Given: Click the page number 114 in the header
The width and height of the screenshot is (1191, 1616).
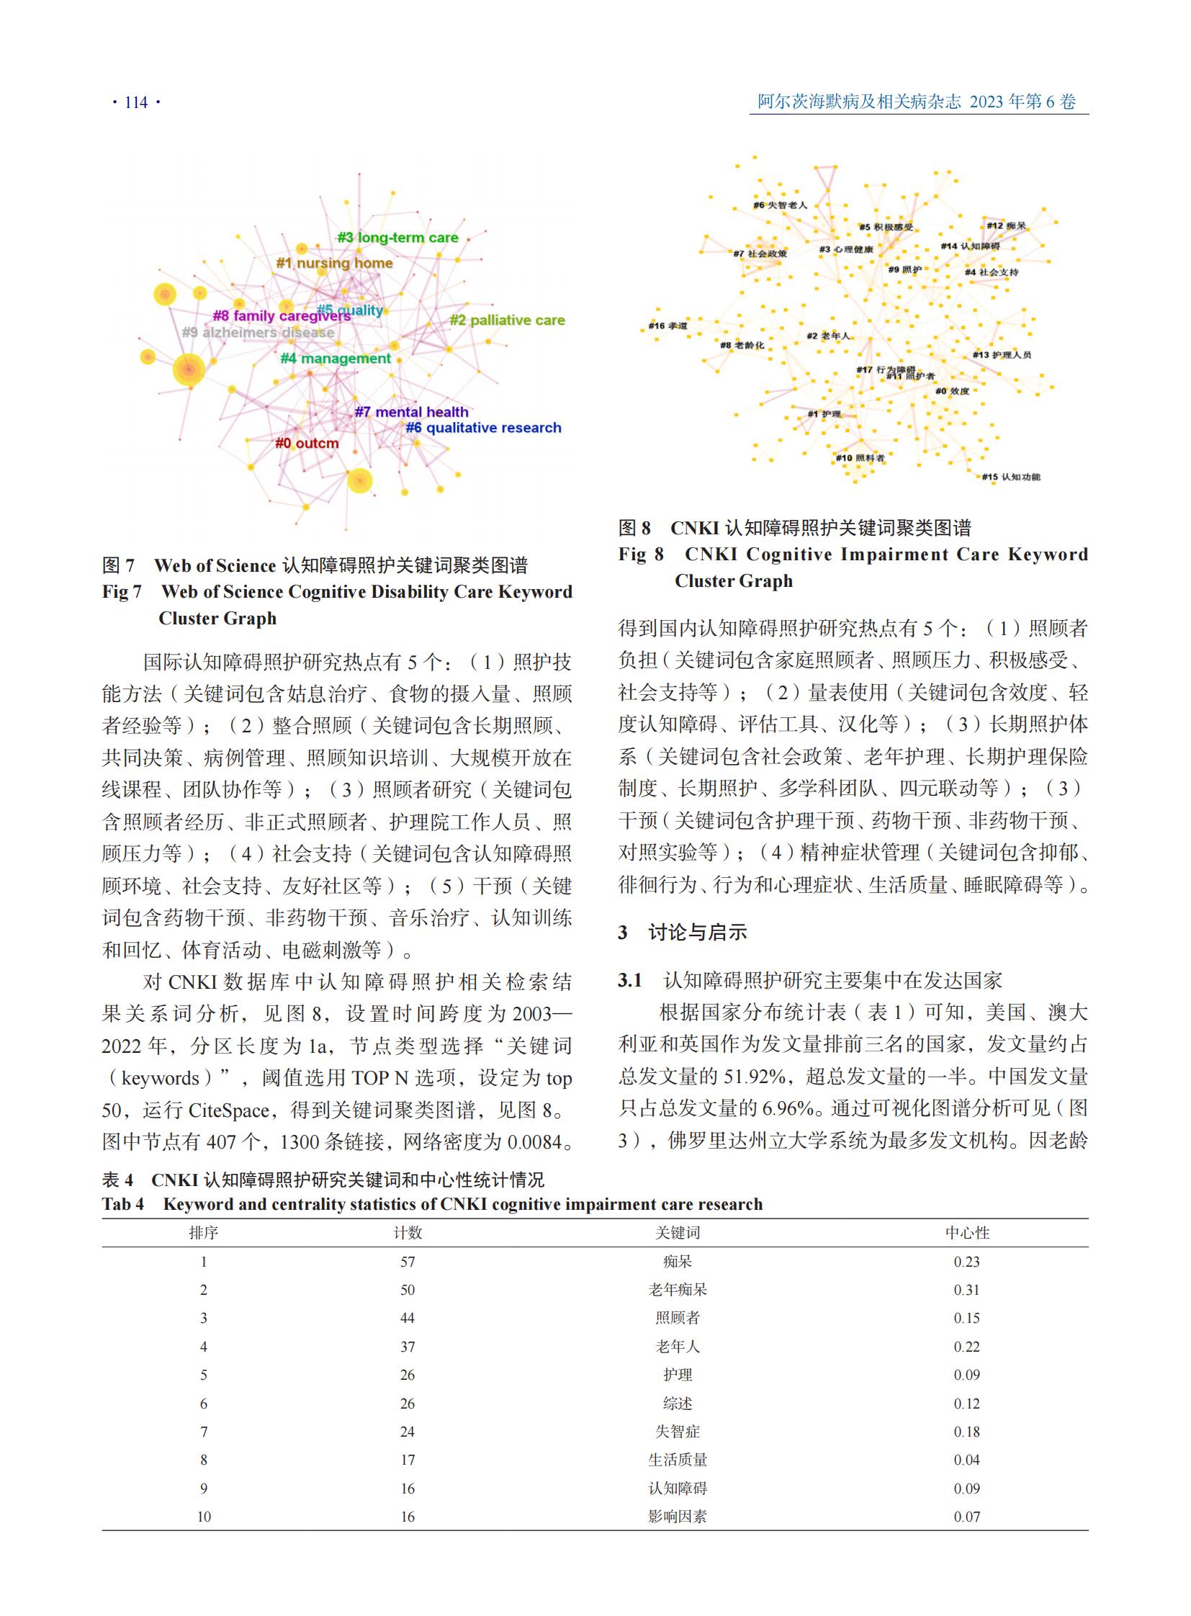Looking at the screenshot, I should (135, 102).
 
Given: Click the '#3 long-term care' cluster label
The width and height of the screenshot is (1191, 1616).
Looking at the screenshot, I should (397, 237).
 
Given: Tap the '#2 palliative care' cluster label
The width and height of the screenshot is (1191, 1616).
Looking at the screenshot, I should (507, 320).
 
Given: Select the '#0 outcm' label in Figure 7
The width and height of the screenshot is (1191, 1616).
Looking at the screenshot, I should (307, 443).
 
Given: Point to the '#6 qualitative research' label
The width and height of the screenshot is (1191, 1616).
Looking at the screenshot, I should (483, 428).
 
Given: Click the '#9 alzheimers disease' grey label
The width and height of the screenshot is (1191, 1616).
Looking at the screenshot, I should (258, 333).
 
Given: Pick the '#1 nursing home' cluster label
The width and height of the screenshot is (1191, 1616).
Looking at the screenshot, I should (335, 263).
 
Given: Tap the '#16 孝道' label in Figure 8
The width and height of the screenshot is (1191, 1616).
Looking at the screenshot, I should (668, 326).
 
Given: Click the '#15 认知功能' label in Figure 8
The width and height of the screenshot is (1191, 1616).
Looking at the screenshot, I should (1011, 477).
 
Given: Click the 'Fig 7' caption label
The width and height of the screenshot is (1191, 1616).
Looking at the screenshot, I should (122, 592).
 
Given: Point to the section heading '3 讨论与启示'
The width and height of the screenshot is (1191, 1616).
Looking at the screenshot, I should (682, 933).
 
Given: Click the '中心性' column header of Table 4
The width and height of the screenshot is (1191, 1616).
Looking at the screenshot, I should (967, 1232).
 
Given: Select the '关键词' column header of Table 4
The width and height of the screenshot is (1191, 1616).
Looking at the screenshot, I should (677, 1232).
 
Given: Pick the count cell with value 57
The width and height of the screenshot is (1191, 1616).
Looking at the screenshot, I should (408, 1262).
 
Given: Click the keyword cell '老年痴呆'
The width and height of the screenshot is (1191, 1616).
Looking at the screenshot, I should (677, 1289).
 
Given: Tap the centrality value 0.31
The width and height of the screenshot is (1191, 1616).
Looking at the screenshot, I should (967, 1289).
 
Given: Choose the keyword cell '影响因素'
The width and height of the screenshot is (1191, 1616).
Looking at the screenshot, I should (677, 1517).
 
